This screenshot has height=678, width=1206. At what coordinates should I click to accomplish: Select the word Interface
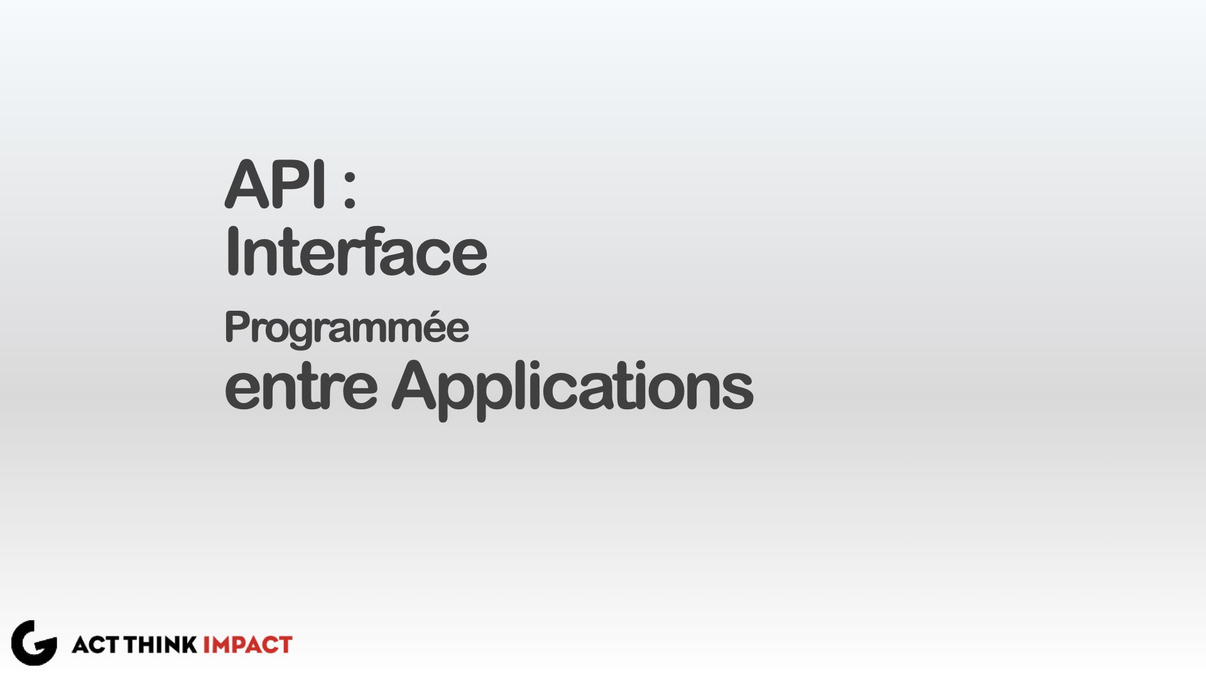pyautogui.click(x=356, y=251)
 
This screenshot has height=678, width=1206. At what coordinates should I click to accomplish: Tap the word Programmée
pyautogui.click(x=347, y=328)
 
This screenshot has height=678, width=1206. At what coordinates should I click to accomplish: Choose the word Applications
pyautogui.click(x=573, y=389)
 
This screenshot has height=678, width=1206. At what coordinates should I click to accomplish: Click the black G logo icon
pyautogui.click(x=34, y=643)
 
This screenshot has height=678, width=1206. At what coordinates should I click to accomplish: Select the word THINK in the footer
pyautogui.click(x=160, y=645)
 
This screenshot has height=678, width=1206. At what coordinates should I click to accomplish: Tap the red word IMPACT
pyautogui.click(x=247, y=645)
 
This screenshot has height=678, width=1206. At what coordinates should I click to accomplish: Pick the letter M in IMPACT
pyautogui.click(x=220, y=645)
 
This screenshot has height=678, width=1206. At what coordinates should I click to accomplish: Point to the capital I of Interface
pyautogui.click(x=231, y=251)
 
